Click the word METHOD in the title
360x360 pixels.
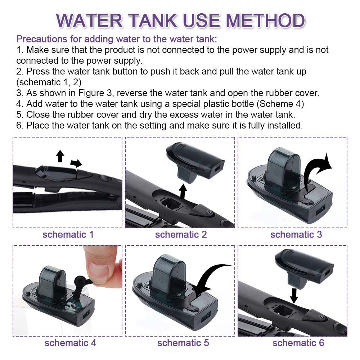point(266,21)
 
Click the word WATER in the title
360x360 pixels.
point(90,21)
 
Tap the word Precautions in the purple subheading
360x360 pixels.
point(42,39)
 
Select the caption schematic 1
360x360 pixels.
point(68,234)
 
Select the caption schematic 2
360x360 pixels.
point(181,234)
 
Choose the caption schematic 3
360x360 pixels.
point(296,234)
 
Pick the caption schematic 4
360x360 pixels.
point(70,343)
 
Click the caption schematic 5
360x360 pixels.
point(183,343)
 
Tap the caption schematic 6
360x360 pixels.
point(298,343)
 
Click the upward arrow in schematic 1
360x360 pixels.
point(60,156)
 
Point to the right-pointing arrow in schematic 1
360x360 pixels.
point(76,163)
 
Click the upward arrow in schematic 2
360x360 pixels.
point(183,191)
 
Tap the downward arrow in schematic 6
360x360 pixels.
point(294,296)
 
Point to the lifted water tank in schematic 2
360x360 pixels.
point(195,162)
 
